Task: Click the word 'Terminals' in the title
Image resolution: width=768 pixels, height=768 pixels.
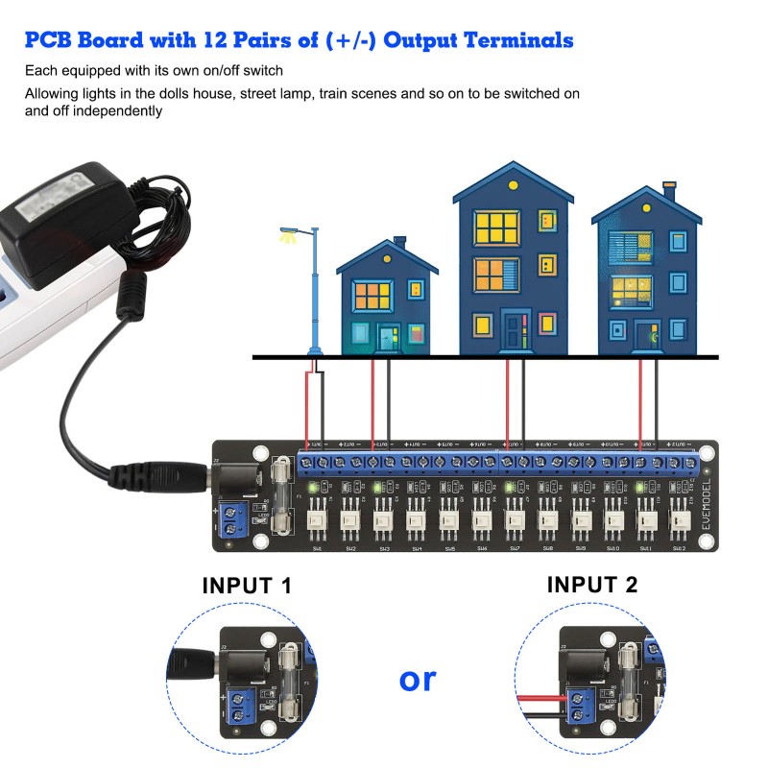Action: click(518, 40)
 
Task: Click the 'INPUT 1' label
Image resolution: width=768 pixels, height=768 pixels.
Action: click(247, 586)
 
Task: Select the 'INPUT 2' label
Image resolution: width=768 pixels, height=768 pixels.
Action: click(592, 584)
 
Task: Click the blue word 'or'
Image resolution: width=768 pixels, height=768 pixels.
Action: click(417, 679)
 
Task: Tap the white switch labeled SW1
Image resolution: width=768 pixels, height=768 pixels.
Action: click(317, 524)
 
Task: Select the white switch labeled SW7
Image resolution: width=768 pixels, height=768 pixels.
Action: click(515, 524)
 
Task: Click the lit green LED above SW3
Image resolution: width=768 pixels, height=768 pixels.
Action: click(378, 489)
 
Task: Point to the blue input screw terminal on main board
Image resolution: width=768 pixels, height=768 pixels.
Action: click(231, 519)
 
